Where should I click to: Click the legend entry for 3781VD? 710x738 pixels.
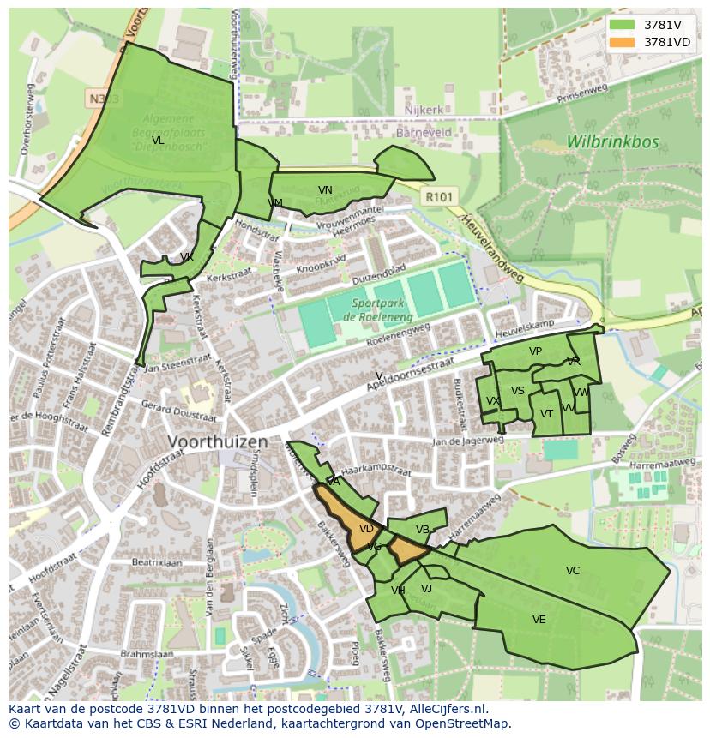pyautogui.click(x=666, y=41)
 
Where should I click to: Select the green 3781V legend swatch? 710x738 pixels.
pyautogui.click(x=623, y=25)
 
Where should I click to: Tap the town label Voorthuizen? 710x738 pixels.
pyautogui.click(x=218, y=442)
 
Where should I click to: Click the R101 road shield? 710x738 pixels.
pyautogui.click(x=440, y=197)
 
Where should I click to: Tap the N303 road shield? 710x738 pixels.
pyautogui.click(x=103, y=99)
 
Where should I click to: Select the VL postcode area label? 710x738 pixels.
pyautogui.click(x=158, y=141)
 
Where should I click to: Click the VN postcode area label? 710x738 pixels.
pyautogui.click(x=325, y=190)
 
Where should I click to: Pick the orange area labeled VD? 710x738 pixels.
pyautogui.click(x=365, y=529)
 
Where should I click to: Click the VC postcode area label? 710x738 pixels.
pyautogui.click(x=573, y=571)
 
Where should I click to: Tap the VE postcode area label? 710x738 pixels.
pyautogui.click(x=539, y=620)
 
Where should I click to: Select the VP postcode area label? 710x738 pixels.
pyautogui.click(x=535, y=351)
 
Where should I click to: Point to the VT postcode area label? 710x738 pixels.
pyautogui.click(x=546, y=414)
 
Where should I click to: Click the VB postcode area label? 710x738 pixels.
pyautogui.click(x=422, y=530)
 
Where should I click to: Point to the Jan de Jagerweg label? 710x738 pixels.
pyautogui.click(x=467, y=441)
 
